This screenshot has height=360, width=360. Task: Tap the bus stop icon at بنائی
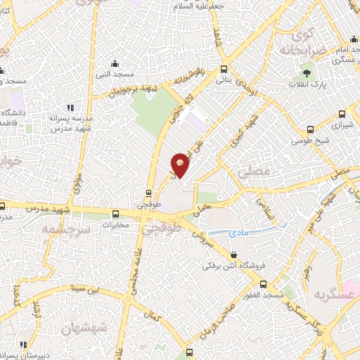coord(224,70)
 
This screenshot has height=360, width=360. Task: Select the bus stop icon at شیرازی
coord(342,115)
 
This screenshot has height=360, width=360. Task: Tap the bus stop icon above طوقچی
coord(148,193)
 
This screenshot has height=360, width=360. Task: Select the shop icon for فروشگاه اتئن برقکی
coord(234,255)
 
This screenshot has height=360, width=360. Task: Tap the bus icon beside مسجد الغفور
coord(263,284)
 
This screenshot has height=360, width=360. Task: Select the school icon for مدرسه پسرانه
coord(70,108)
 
